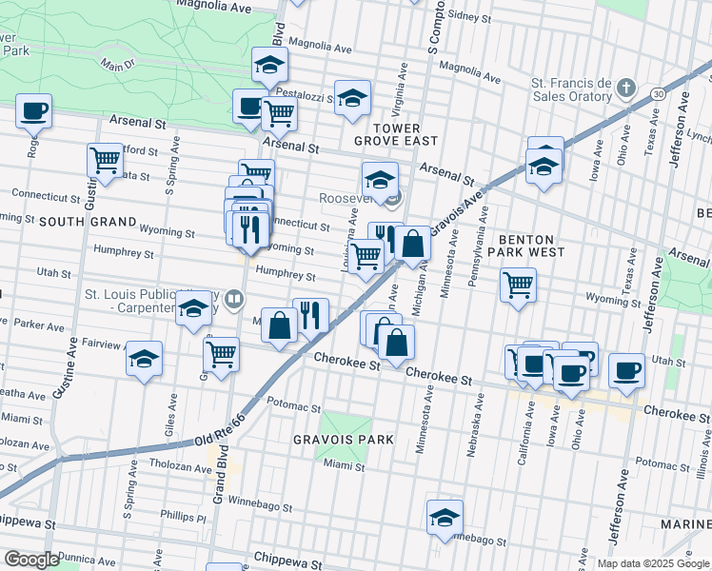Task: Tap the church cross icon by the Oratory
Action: (x=625, y=89)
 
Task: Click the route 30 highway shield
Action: (x=658, y=93)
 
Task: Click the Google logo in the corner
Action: (x=31, y=559)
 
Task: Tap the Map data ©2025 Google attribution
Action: (x=652, y=563)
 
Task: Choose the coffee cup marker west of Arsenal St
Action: (x=33, y=110)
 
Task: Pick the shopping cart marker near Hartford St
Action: (x=105, y=161)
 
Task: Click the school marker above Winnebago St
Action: (x=444, y=517)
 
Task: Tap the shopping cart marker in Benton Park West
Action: (x=518, y=284)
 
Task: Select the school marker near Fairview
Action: (x=145, y=359)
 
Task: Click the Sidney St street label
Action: (x=468, y=16)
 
